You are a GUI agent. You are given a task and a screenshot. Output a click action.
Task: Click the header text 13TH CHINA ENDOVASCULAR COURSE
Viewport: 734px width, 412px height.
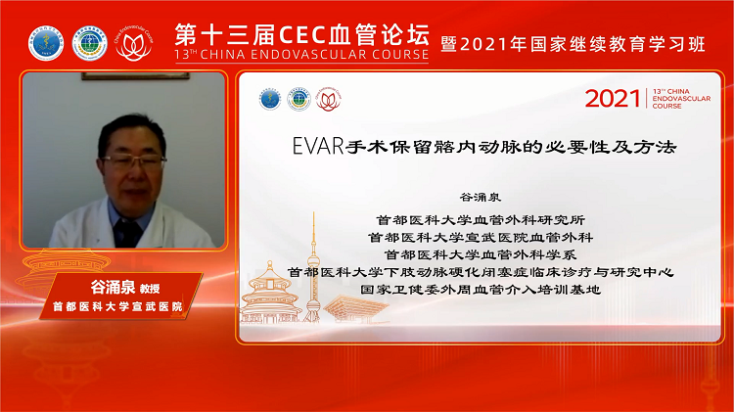(x=301, y=55)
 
